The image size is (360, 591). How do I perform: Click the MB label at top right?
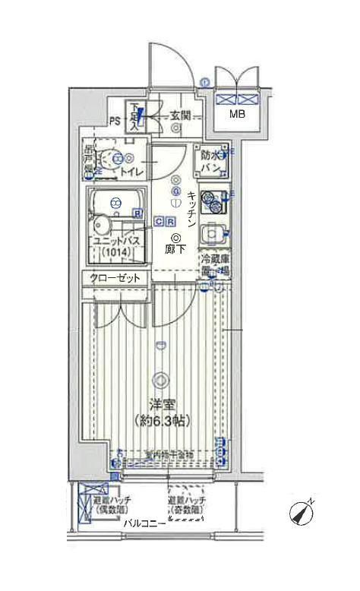(238, 115)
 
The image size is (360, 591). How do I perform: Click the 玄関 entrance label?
(180, 115)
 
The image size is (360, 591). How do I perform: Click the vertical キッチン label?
(191, 210)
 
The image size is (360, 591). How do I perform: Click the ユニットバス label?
(115, 241)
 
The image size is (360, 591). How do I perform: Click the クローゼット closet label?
(116, 278)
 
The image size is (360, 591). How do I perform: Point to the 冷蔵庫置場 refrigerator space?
(214, 264)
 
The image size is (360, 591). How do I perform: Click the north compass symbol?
(302, 514)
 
